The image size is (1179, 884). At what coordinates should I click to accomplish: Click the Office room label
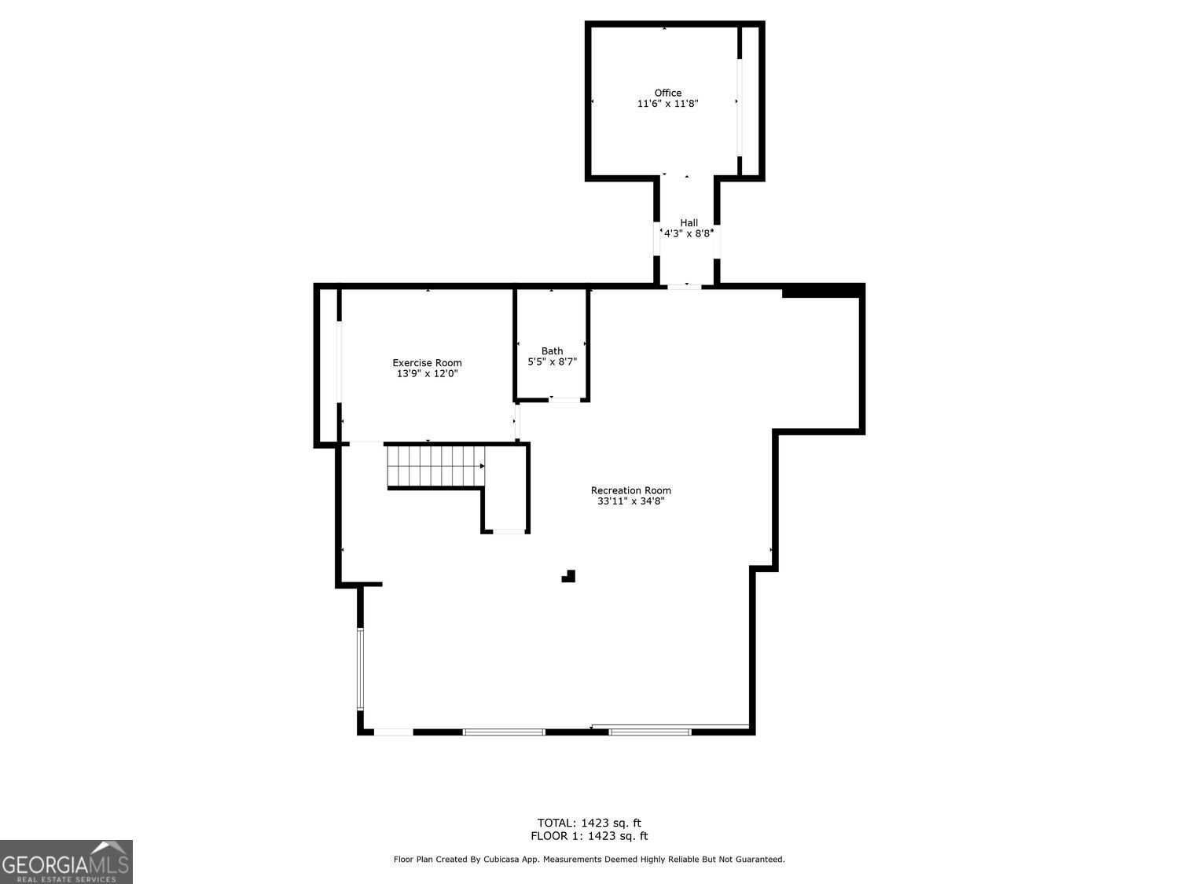click(x=667, y=93)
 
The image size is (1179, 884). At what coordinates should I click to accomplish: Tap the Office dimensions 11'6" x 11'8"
click(x=667, y=104)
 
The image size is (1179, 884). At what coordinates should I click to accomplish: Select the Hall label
click(x=689, y=222)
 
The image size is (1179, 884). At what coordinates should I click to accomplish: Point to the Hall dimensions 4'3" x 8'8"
click(x=689, y=233)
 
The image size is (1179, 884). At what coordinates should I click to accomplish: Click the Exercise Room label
click(x=427, y=363)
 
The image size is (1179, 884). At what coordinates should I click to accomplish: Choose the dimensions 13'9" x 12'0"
click(x=427, y=373)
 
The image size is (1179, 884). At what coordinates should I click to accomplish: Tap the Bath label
click(x=553, y=351)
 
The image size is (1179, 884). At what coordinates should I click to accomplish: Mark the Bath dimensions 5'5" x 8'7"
click(x=553, y=361)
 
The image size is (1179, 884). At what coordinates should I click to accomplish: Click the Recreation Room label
click(x=630, y=490)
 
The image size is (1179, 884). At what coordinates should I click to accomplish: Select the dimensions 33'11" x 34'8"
click(x=630, y=501)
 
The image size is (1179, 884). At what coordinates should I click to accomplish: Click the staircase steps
click(x=435, y=466)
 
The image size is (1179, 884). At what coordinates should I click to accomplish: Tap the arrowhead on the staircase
click(x=483, y=466)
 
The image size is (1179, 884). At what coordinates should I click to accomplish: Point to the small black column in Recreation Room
click(x=569, y=576)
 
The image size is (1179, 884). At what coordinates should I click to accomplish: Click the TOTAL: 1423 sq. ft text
click(x=589, y=823)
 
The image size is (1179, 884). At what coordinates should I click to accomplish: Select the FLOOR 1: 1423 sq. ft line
click(x=589, y=836)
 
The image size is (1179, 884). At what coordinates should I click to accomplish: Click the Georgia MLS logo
click(x=66, y=862)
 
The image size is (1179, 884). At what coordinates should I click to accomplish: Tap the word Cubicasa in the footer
click(x=501, y=860)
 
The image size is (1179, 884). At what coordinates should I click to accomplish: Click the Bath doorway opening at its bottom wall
click(x=564, y=400)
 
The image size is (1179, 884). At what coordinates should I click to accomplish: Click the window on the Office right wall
click(x=739, y=108)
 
